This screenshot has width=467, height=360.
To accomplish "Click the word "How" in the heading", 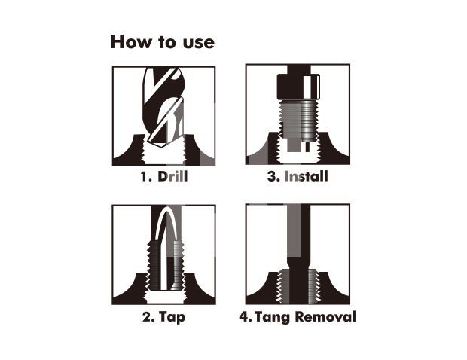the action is point(131,42).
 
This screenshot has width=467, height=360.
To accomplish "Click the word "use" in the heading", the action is point(199,43).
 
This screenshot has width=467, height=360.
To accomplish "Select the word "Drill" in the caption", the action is point(172,176).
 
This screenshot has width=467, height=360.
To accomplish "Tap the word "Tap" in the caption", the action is point(172,317).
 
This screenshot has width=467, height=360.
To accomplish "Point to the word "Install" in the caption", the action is point(306,176).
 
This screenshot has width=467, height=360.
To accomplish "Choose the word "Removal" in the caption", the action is point(325,316).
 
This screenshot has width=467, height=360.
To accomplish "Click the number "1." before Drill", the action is point(146,176).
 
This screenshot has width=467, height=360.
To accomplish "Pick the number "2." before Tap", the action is point(148,316).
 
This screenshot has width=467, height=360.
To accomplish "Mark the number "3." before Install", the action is point(273,176).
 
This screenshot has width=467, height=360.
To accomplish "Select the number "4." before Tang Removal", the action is point(246,316).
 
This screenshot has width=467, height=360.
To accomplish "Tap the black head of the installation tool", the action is point(299,87).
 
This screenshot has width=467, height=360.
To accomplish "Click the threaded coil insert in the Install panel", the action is point(310,121).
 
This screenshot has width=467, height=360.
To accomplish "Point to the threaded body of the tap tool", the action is point(165,265).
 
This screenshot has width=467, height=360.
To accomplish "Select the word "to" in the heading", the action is point(167,43).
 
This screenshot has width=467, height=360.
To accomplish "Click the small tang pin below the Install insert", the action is point(307,146).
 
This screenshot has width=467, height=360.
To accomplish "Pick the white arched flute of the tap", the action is point(163,250).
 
